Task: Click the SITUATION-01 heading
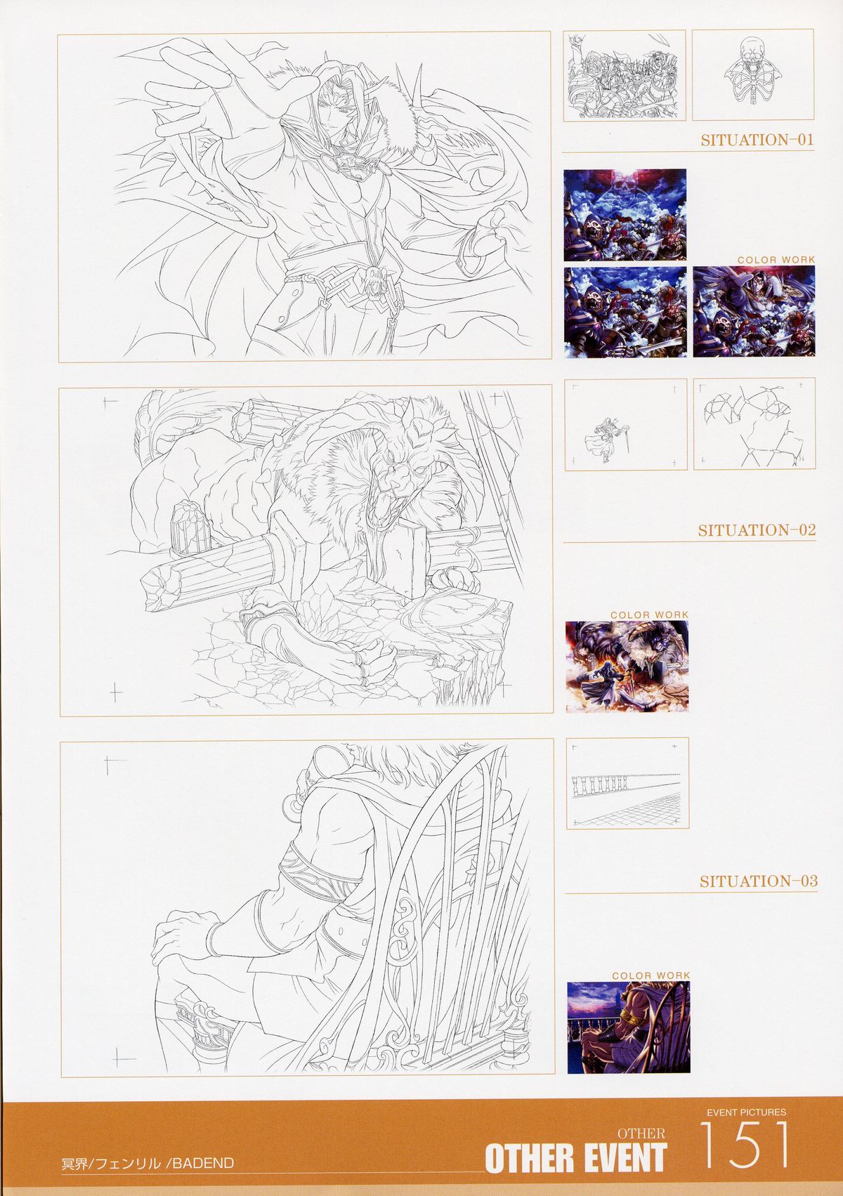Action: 757,140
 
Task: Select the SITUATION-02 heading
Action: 757,531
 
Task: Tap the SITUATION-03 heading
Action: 759,881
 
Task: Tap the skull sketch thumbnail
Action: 752,75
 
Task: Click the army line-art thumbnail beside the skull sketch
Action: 625,75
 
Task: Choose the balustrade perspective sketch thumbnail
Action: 628,783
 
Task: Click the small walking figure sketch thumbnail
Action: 625,425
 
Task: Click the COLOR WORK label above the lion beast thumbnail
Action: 649,615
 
